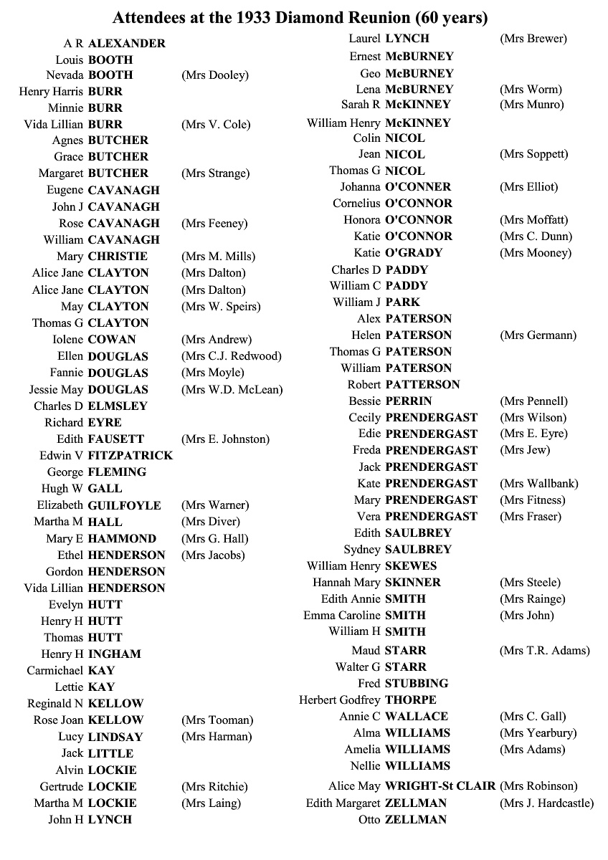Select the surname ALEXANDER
click(x=127, y=43)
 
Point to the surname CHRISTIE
click(x=118, y=257)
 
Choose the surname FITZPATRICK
click(x=130, y=456)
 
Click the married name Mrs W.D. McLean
click(x=232, y=390)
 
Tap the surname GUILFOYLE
click(x=125, y=505)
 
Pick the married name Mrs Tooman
click(x=217, y=720)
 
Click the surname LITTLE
click(x=110, y=753)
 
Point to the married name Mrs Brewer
click(x=533, y=39)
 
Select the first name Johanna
click(x=360, y=187)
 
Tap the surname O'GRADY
click(x=414, y=253)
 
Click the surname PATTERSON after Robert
click(x=422, y=385)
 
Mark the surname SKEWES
click(x=411, y=566)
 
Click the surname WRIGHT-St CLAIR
click(x=440, y=786)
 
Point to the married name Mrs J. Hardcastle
click(x=546, y=803)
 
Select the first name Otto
click(x=369, y=820)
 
